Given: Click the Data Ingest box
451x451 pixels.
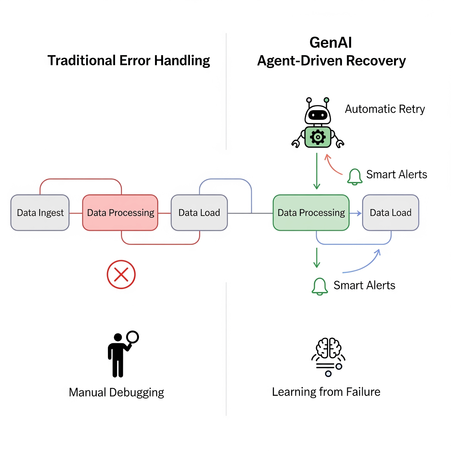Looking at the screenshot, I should coord(40,213).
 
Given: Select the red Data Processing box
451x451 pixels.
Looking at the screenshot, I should coord(120,213).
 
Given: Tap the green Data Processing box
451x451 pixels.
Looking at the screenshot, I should coord(311,213).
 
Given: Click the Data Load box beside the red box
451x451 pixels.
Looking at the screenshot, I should coord(199,213).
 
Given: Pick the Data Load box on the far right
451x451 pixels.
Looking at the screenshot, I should coord(390,213).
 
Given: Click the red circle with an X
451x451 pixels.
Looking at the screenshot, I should coord(121,274).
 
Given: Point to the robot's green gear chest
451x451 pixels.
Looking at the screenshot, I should coord(318,137).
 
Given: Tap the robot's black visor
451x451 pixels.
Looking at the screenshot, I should coord(318,115).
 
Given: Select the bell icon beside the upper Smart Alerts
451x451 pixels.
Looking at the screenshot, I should coord(355,177).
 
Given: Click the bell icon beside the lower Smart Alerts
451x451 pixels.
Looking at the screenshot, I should coord(320,286).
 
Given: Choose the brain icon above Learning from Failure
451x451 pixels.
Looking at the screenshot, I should coord(328,348).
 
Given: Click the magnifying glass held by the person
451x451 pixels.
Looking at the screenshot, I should coord(132,337).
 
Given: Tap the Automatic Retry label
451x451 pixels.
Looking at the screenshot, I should coord(385,109).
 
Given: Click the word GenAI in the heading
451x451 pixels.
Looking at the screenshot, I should coord(330,43).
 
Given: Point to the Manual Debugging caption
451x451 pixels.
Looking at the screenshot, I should coord(116,392).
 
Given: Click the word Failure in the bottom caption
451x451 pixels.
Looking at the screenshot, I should coord(363,392).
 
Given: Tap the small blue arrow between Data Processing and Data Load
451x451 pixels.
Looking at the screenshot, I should coord(356,213).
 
